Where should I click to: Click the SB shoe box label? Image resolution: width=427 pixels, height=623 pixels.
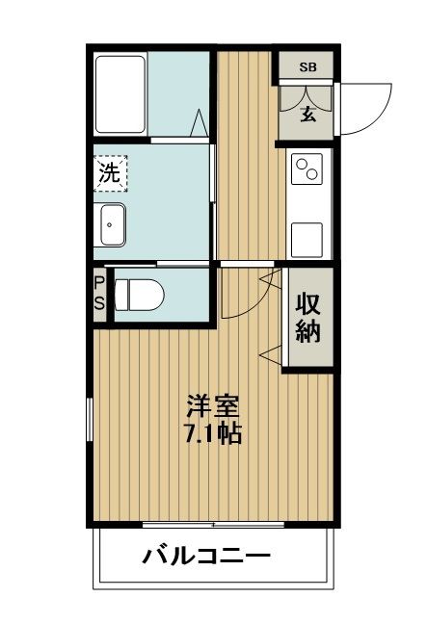coord(307,66)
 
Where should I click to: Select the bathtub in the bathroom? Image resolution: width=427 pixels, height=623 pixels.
coord(120,94)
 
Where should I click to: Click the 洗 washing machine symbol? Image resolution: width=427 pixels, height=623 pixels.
coord(111,174)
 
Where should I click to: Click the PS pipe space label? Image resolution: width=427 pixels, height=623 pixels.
coord(99,291)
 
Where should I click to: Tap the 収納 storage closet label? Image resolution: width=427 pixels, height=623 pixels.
coord(307,318)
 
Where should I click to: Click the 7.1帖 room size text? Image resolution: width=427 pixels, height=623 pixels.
coord(211,433)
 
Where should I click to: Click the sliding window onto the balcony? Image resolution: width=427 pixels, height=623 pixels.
coord(213,525)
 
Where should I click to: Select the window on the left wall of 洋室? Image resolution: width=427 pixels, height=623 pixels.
coord(91,423)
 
